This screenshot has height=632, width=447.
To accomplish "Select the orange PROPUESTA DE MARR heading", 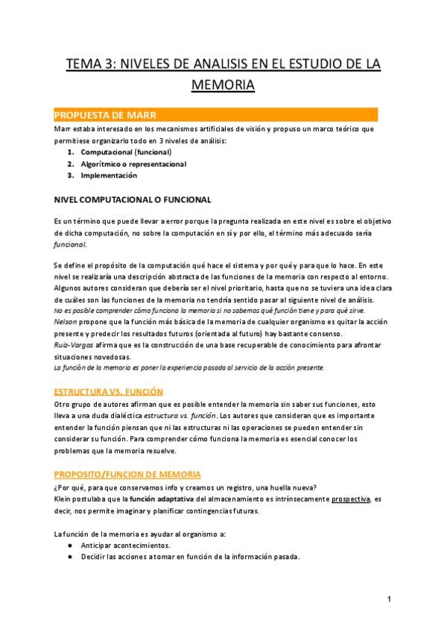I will (x=104, y=115).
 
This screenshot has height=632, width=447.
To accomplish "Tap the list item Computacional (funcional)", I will (x=126, y=152).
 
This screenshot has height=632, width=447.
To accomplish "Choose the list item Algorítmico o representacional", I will (x=133, y=164).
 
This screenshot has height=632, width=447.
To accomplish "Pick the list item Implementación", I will (x=109, y=176).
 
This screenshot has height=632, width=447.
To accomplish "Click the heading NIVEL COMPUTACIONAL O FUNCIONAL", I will (x=133, y=200).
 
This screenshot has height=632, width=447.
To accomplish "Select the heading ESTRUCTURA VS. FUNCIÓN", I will (x=108, y=391).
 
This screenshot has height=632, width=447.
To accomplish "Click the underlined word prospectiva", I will (x=351, y=499).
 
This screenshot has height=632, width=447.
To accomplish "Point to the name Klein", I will (x=62, y=499).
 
